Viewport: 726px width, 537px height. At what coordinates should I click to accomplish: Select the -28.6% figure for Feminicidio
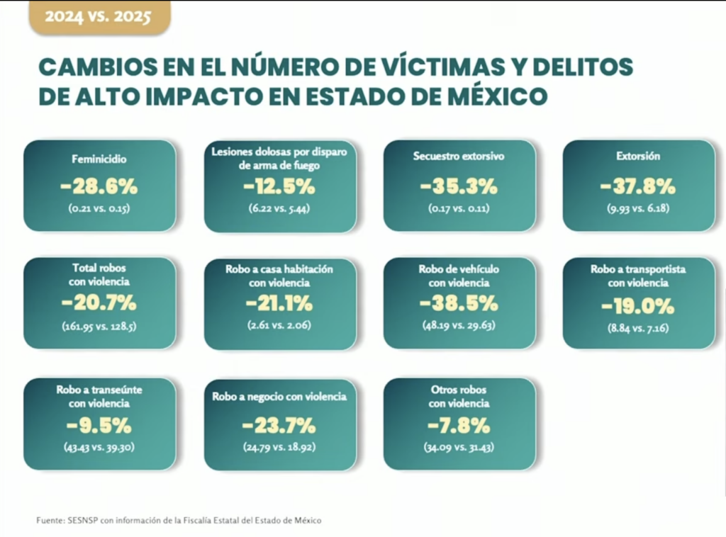point(99,187)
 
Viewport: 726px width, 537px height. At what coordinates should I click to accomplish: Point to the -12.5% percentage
point(279,187)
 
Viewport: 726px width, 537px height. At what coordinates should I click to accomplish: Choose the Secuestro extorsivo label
point(459,156)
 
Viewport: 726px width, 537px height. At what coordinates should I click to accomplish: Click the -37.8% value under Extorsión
point(638,187)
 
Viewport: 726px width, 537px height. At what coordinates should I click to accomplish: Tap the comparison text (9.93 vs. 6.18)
point(638,209)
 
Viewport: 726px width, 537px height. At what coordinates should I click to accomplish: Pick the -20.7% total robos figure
point(99,304)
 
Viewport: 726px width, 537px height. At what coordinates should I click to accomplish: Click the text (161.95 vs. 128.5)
point(99,327)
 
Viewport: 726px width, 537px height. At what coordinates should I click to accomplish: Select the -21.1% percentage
point(279,304)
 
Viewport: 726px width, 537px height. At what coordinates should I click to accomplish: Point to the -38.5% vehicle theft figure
point(459,304)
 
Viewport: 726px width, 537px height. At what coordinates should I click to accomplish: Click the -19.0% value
point(638,307)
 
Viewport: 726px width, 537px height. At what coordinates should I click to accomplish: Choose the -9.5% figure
point(99,426)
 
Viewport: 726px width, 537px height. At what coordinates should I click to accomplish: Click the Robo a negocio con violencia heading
point(279,397)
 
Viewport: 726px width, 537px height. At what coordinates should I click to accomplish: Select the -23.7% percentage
point(279,426)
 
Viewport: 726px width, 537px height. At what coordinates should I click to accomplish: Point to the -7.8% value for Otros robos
point(459,426)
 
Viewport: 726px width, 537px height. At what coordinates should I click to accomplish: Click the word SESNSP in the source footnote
point(84,521)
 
